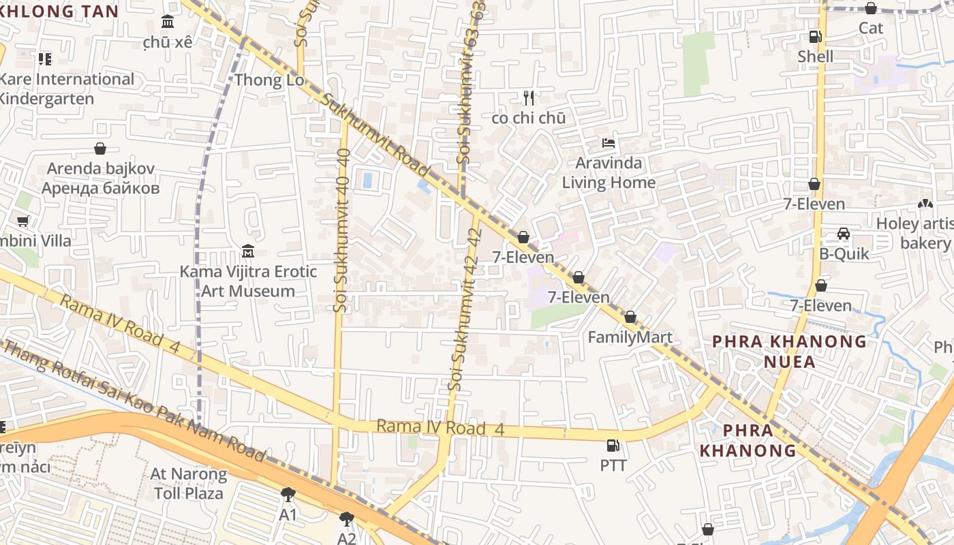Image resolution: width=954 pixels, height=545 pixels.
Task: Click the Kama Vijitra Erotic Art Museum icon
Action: click(248, 251)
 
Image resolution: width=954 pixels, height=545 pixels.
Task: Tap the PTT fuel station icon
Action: click(613, 446)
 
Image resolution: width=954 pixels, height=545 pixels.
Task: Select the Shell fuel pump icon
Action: click(815, 37)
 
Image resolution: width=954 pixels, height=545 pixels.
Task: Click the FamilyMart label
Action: click(630, 337)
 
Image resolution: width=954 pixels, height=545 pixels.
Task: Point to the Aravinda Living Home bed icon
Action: click(609, 143)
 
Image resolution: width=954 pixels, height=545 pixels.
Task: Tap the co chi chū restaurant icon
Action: click(528, 98)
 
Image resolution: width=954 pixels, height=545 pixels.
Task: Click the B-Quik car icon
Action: click(844, 234)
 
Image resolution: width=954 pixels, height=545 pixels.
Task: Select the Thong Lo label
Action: click(268, 80)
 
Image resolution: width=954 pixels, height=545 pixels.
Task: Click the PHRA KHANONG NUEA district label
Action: click(789, 351)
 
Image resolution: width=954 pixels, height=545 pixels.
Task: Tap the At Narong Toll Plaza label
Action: click(189, 483)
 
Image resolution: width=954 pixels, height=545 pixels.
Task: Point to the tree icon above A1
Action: click(288, 494)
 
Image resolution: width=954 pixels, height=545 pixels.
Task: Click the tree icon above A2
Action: click(347, 519)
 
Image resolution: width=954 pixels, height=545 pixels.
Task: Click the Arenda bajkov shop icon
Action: click(100, 149)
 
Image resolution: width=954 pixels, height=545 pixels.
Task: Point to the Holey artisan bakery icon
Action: click(925, 204)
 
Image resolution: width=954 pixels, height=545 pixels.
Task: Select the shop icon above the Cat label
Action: click(870, 8)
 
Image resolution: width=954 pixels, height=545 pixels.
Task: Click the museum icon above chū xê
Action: click(168, 22)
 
